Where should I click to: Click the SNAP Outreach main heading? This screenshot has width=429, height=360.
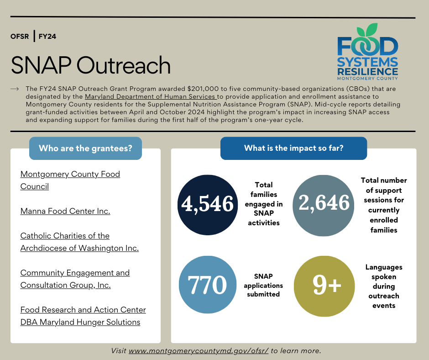[x=90, y=65]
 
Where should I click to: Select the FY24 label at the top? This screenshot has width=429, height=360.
[x=47, y=36]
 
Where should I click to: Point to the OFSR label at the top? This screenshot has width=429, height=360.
[x=20, y=36]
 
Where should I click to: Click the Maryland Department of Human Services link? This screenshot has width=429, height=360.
[x=150, y=96]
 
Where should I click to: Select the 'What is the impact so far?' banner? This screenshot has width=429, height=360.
[x=293, y=148]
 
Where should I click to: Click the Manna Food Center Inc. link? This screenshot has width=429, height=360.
[x=65, y=211]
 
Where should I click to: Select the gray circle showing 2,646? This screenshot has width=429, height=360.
[x=324, y=203]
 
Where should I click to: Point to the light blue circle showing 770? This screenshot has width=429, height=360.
[x=208, y=285]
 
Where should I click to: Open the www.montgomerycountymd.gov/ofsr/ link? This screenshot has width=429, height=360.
[x=199, y=351]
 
